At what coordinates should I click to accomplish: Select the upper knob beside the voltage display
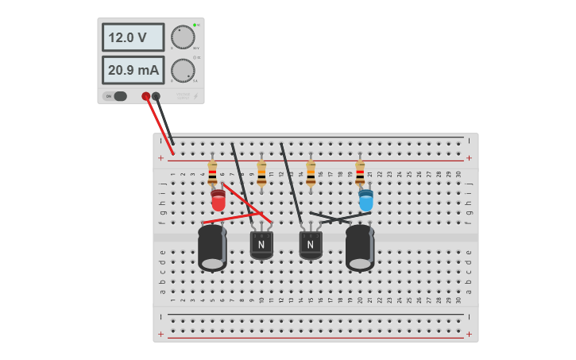click(183, 37)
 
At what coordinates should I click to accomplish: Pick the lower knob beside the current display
click(183, 71)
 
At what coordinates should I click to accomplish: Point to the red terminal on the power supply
click(146, 96)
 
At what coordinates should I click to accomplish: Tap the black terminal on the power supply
click(156, 96)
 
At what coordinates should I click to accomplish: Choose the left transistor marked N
click(261, 245)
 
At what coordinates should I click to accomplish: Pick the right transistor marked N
click(311, 245)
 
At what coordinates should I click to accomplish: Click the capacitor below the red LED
click(212, 247)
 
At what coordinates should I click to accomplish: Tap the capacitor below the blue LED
click(360, 247)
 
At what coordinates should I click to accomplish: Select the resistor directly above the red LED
click(212, 172)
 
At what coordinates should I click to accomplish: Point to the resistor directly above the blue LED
click(360, 172)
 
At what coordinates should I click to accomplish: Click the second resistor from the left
click(261, 172)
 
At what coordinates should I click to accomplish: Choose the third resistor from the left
click(311, 172)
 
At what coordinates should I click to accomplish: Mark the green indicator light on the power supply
click(194, 25)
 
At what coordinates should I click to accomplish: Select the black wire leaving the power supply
click(166, 123)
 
